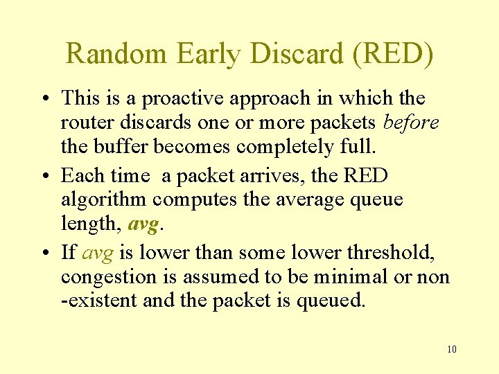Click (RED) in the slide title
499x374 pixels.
click(x=393, y=54)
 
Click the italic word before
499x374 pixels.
click(x=410, y=123)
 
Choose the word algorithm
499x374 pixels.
click(x=104, y=200)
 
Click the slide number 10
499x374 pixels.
click(x=452, y=349)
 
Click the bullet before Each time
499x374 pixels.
click(x=44, y=177)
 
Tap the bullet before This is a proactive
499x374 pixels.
click(x=44, y=100)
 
